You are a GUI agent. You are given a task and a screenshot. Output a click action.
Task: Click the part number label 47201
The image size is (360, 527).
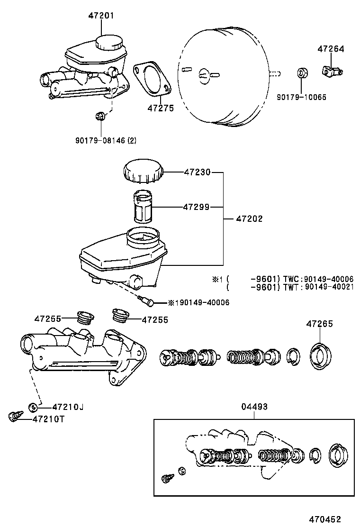101,16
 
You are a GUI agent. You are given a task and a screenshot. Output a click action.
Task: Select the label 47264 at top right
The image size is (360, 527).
331,49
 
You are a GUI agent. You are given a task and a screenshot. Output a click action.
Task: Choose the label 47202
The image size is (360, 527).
249,219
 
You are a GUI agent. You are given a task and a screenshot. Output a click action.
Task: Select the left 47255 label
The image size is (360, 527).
47,319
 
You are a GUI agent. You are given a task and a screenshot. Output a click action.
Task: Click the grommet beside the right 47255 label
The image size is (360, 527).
119,315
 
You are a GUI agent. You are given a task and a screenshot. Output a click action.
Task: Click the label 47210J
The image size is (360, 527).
68,407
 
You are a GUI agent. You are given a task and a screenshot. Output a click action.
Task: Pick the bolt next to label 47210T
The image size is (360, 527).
15,417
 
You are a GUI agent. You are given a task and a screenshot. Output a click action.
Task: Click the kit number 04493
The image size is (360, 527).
254,407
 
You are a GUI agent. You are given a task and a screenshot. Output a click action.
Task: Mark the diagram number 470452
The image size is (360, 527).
325,519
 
